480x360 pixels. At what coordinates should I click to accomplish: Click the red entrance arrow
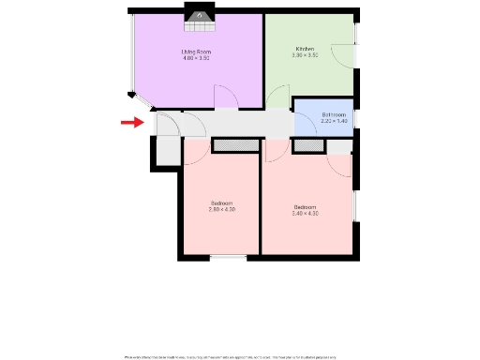pyautogui.click(x=131, y=121)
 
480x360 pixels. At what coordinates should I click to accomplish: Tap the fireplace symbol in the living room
pyautogui.click(x=199, y=15)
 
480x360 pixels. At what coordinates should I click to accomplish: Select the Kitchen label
pyautogui.click(x=305, y=49)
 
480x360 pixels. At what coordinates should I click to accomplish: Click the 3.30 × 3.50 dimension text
pyautogui.click(x=306, y=55)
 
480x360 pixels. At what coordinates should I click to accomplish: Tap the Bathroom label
pyautogui.click(x=334, y=114)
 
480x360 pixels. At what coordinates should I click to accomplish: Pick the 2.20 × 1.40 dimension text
pyautogui.click(x=334, y=121)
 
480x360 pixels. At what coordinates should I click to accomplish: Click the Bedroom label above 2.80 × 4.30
pyautogui.click(x=221, y=203)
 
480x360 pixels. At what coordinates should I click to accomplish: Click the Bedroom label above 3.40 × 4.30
pyautogui.click(x=306, y=207)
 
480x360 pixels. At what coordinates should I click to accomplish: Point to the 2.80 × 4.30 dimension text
pyautogui.click(x=221, y=209)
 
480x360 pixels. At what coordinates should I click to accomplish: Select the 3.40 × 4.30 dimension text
pyautogui.click(x=306, y=214)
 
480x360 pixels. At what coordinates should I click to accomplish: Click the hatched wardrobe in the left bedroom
pyautogui.click(x=234, y=145)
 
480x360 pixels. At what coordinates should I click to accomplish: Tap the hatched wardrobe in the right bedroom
pyautogui.click(x=307, y=145)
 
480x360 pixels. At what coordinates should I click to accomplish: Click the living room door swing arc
pyautogui.click(x=226, y=97)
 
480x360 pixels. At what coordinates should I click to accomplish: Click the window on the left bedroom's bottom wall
pyautogui.click(x=228, y=256)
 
